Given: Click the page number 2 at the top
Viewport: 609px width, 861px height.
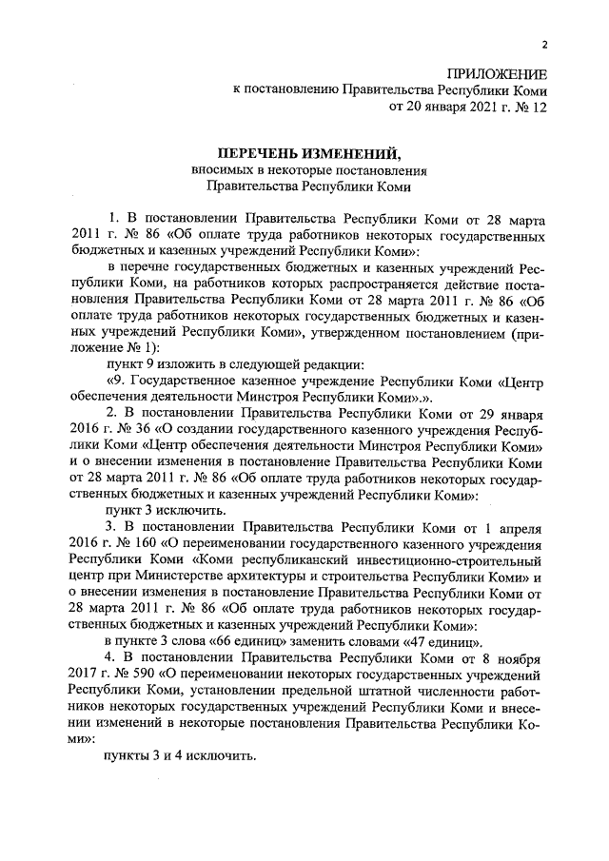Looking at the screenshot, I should (544, 45).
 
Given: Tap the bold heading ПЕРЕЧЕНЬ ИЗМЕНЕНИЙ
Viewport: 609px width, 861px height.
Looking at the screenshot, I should (310, 153).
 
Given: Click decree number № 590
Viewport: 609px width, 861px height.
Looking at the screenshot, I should (127, 674).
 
